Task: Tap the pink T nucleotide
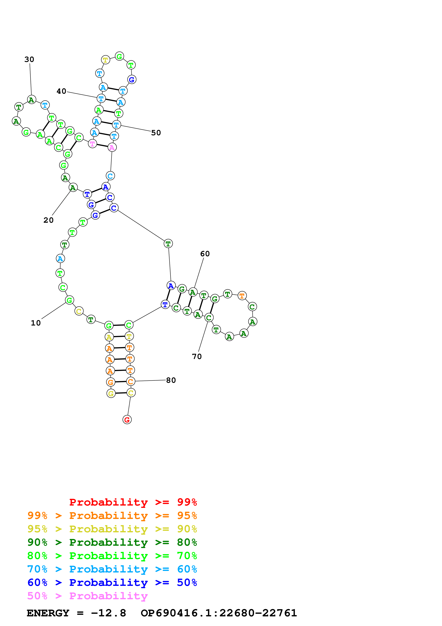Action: click(93, 143)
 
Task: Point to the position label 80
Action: click(171, 380)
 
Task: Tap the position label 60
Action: click(205, 254)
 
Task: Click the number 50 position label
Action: click(156, 133)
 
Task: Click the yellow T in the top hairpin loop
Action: click(105, 60)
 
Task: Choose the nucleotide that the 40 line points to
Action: click(101, 99)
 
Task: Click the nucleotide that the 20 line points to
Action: click(73, 188)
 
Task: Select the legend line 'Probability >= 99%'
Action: click(133, 502)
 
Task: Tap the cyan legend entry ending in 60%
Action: click(112, 569)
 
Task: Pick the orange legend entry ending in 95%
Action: click(112, 516)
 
